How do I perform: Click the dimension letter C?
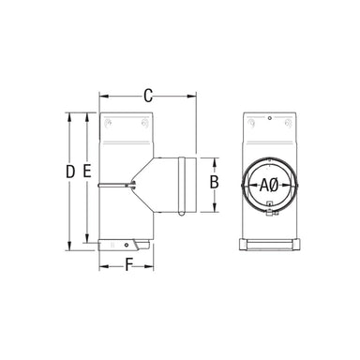(147, 94)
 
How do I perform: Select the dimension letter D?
(70, 172)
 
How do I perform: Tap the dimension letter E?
(86, 172)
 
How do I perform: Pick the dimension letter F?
(127, 264)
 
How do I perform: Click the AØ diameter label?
(268, 184)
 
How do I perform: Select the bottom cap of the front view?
(268, 247)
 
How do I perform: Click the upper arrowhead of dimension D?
(70, 116)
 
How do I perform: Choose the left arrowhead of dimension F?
(101, 265)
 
